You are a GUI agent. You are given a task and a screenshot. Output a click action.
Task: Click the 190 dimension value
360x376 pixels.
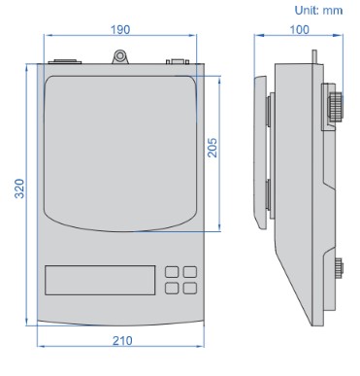pyautogui.click(x=120, y=30)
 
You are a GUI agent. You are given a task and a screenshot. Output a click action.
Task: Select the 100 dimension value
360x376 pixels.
pyautogui.click(x=299, y=30)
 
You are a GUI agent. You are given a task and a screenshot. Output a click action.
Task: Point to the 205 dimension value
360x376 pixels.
pyautogui.click(x=213, y=148)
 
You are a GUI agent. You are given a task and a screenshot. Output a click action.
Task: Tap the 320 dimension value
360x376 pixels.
pyautogui.click(x=19, y=188)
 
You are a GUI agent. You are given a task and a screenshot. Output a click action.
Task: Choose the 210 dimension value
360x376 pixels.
pyautogui.click(x=122, y=341)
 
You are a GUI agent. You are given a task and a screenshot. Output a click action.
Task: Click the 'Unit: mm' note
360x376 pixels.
pyautogui.click(x=318, y=11)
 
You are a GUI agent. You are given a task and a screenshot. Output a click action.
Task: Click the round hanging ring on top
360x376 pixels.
pyautogui.click(x=120, y=56)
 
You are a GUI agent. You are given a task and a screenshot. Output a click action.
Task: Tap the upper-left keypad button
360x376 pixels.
pyautogui.click(x=172, y=272)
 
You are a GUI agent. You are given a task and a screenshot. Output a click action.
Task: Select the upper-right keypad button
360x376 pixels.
pyautogui.click(x=190, y=272)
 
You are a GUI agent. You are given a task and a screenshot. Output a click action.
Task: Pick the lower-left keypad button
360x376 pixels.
pyautogui.click(x=172, y=288)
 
